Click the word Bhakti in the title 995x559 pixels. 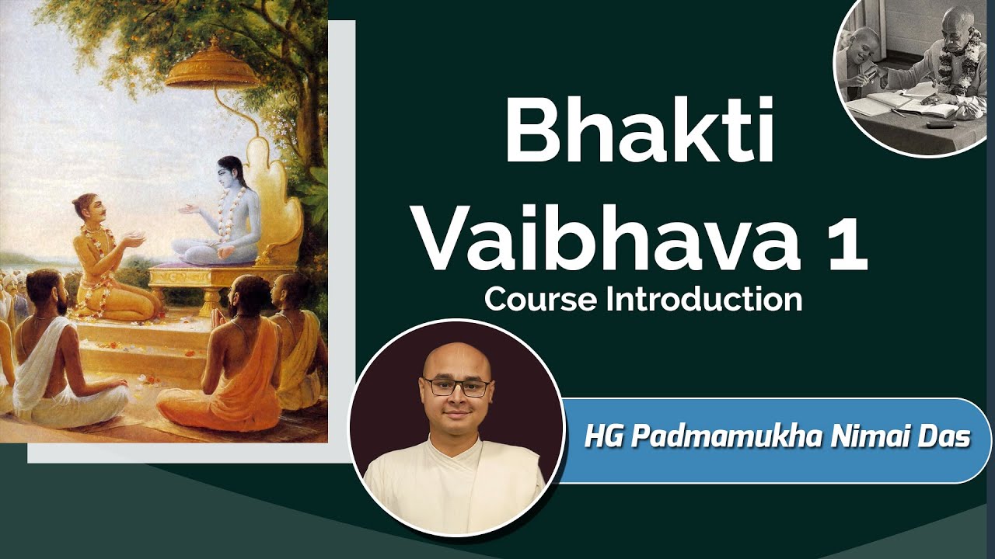tap(639, 133)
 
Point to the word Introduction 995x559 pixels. tap(703, 300)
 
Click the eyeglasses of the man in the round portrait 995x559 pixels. tap(456, 386)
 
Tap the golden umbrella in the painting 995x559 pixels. tap(211, 70)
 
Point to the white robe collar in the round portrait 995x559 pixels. tap(456, 458)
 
